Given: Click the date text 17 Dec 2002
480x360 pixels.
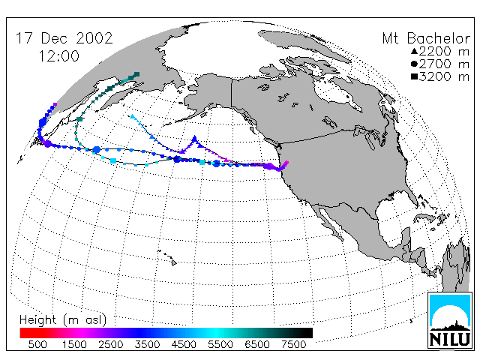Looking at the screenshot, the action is point(64,38).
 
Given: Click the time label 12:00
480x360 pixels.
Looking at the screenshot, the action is point(59,56).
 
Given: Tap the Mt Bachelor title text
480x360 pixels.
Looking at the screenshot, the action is point(426,38).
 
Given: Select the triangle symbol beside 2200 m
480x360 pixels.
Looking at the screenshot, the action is point(414,51).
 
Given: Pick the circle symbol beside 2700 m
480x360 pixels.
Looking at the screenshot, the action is point(414,64).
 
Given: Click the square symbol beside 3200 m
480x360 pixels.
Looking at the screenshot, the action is point(414,76).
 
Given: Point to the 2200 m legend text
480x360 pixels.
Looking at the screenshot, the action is point(444,51).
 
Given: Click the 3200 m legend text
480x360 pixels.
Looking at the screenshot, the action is point(444,76).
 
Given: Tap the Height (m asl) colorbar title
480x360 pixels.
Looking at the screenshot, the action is point(63,320).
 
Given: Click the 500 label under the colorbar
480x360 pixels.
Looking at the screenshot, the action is point(37,345).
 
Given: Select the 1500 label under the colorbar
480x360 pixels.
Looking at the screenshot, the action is point(74,345).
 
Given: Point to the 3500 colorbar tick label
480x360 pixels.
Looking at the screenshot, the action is point(147,345).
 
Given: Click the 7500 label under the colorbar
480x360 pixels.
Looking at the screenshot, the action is point(293,345).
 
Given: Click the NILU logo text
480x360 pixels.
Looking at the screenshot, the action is point(449,340).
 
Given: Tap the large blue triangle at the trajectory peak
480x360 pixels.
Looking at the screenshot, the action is point(194,139).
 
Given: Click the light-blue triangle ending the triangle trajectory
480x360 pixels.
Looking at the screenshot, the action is point(132,116).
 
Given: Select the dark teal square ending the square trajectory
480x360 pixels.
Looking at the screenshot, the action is point(136,74).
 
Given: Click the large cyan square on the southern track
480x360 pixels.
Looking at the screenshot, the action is point(113,160).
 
